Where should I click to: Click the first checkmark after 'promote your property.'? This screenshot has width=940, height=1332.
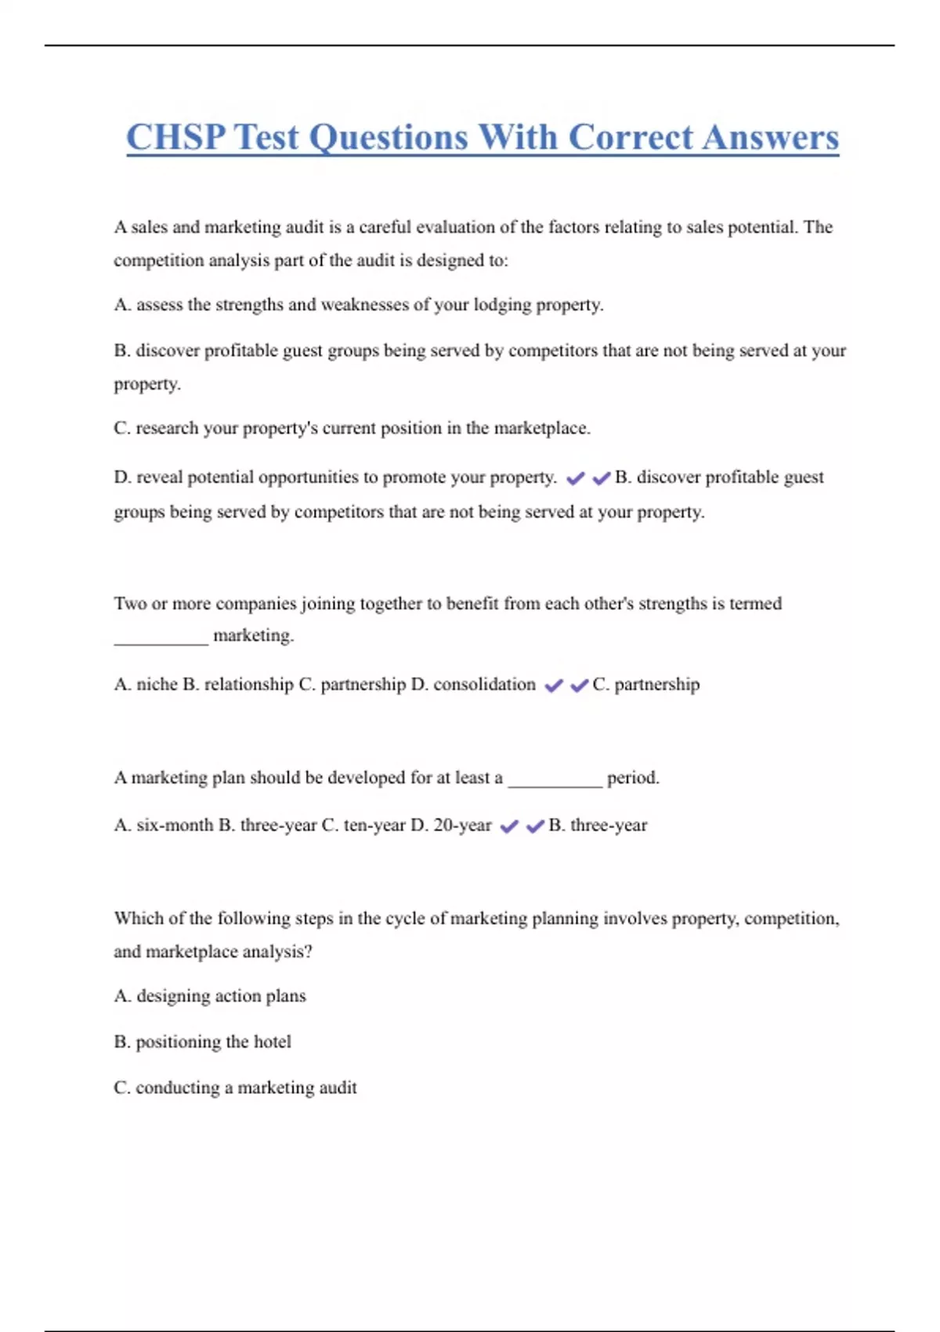tap(575, 478)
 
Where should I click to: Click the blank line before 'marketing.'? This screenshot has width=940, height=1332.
tap(161, 640)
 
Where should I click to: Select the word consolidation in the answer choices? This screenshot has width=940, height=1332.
tap(484, 685)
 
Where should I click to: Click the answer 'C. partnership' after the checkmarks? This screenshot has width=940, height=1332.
tap(646, 685)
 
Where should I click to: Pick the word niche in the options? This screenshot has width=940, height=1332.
tap(157, 685)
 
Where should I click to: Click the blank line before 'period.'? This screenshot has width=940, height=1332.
tap(555, 783)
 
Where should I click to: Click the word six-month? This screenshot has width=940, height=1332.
tap(175, 825)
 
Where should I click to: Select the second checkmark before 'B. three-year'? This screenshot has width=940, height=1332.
tap(535, 827)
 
